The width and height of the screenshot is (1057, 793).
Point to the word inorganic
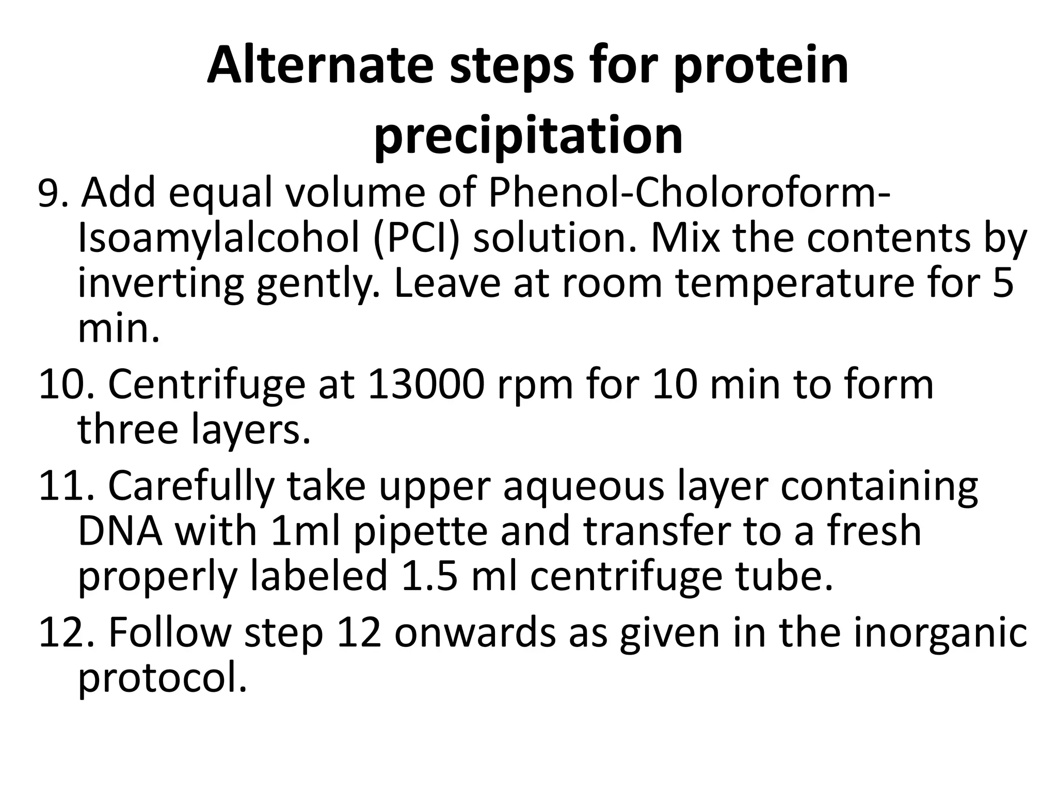[x=939, y=634]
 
